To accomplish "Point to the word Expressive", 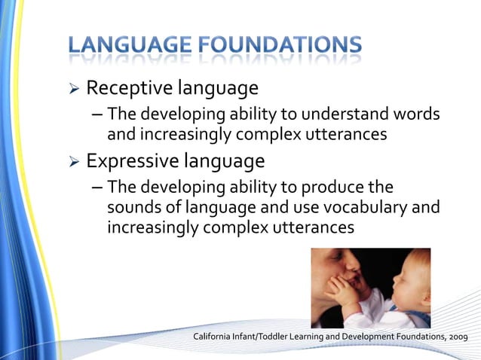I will (133, 161).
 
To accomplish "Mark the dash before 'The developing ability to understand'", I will (97, 114).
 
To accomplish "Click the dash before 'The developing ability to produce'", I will (97, 187).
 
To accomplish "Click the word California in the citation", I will (215, 336).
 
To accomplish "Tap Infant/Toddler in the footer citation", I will (265, 336).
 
